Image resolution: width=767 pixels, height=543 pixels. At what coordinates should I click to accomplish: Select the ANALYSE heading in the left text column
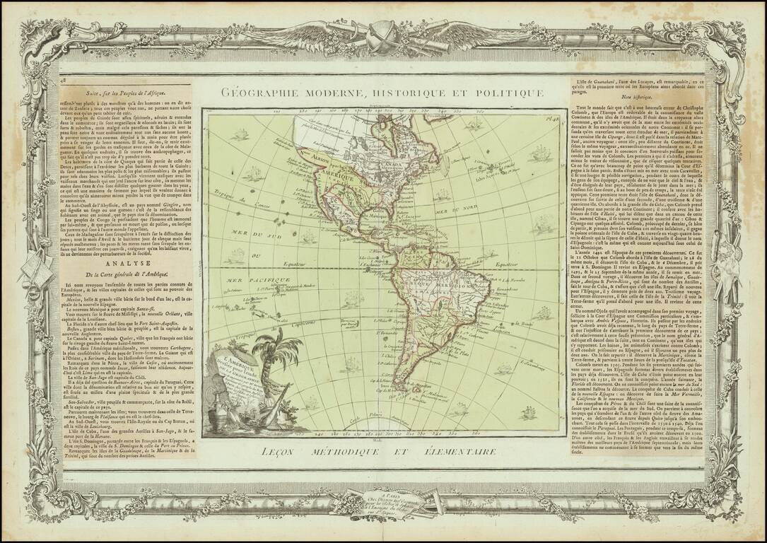click(127, 259)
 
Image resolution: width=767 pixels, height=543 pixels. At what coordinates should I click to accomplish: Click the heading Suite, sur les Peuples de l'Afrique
click(127, 93)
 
